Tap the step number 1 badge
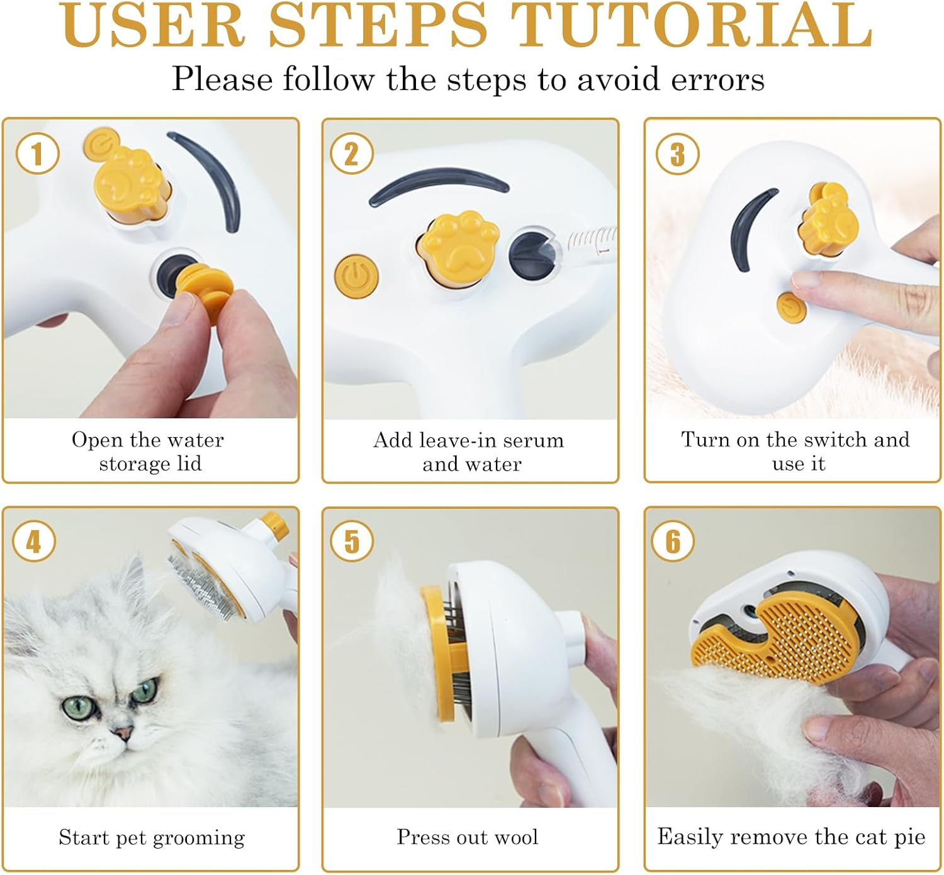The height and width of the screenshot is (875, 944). point(37,154)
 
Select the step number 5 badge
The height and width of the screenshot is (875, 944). point(352,542)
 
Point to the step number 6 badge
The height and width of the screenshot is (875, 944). point(673,542)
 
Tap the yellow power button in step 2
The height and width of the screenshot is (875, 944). point(356,277)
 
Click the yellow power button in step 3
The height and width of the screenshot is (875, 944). point(791,308)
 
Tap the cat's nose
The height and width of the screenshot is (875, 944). point(122,732)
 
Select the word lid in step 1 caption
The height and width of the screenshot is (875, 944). point(189,464)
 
